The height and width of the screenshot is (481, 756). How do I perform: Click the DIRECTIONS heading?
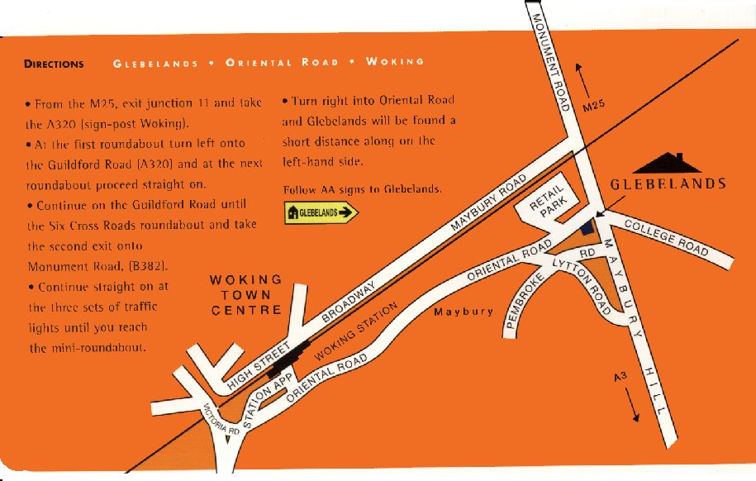point(54,64)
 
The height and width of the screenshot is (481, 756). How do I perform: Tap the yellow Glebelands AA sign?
point(321,213)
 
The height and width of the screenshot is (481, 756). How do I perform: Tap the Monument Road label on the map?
point(549,62)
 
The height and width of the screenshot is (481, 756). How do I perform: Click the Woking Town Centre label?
point(246,296)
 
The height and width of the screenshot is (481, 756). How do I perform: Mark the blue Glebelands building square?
point(587,227)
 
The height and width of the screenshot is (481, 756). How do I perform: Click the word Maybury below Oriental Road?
point(464,312)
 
